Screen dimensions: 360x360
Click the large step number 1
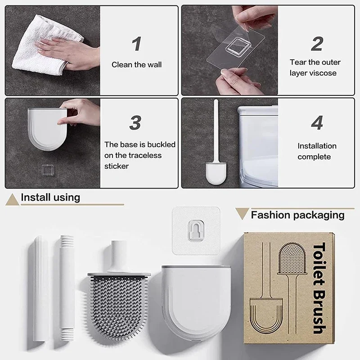pos(136,44)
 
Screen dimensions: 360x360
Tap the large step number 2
pos(317,44)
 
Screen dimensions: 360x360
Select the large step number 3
pos(135,123)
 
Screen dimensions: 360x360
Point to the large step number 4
pos(317,123)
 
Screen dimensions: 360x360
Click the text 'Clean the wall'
pos(136,65)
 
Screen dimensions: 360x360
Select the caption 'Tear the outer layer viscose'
pos(315,67)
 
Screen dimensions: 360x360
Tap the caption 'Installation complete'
pos(317,151)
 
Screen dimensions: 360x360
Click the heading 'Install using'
pos(50,197)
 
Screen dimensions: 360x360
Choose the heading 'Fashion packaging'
pos(297,215)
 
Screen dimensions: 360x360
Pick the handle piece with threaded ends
pos(66,292)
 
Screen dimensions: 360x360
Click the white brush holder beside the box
pos(196,306)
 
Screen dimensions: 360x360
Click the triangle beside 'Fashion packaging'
pos(242,214)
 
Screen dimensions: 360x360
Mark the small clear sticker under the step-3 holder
pos(46,170)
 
